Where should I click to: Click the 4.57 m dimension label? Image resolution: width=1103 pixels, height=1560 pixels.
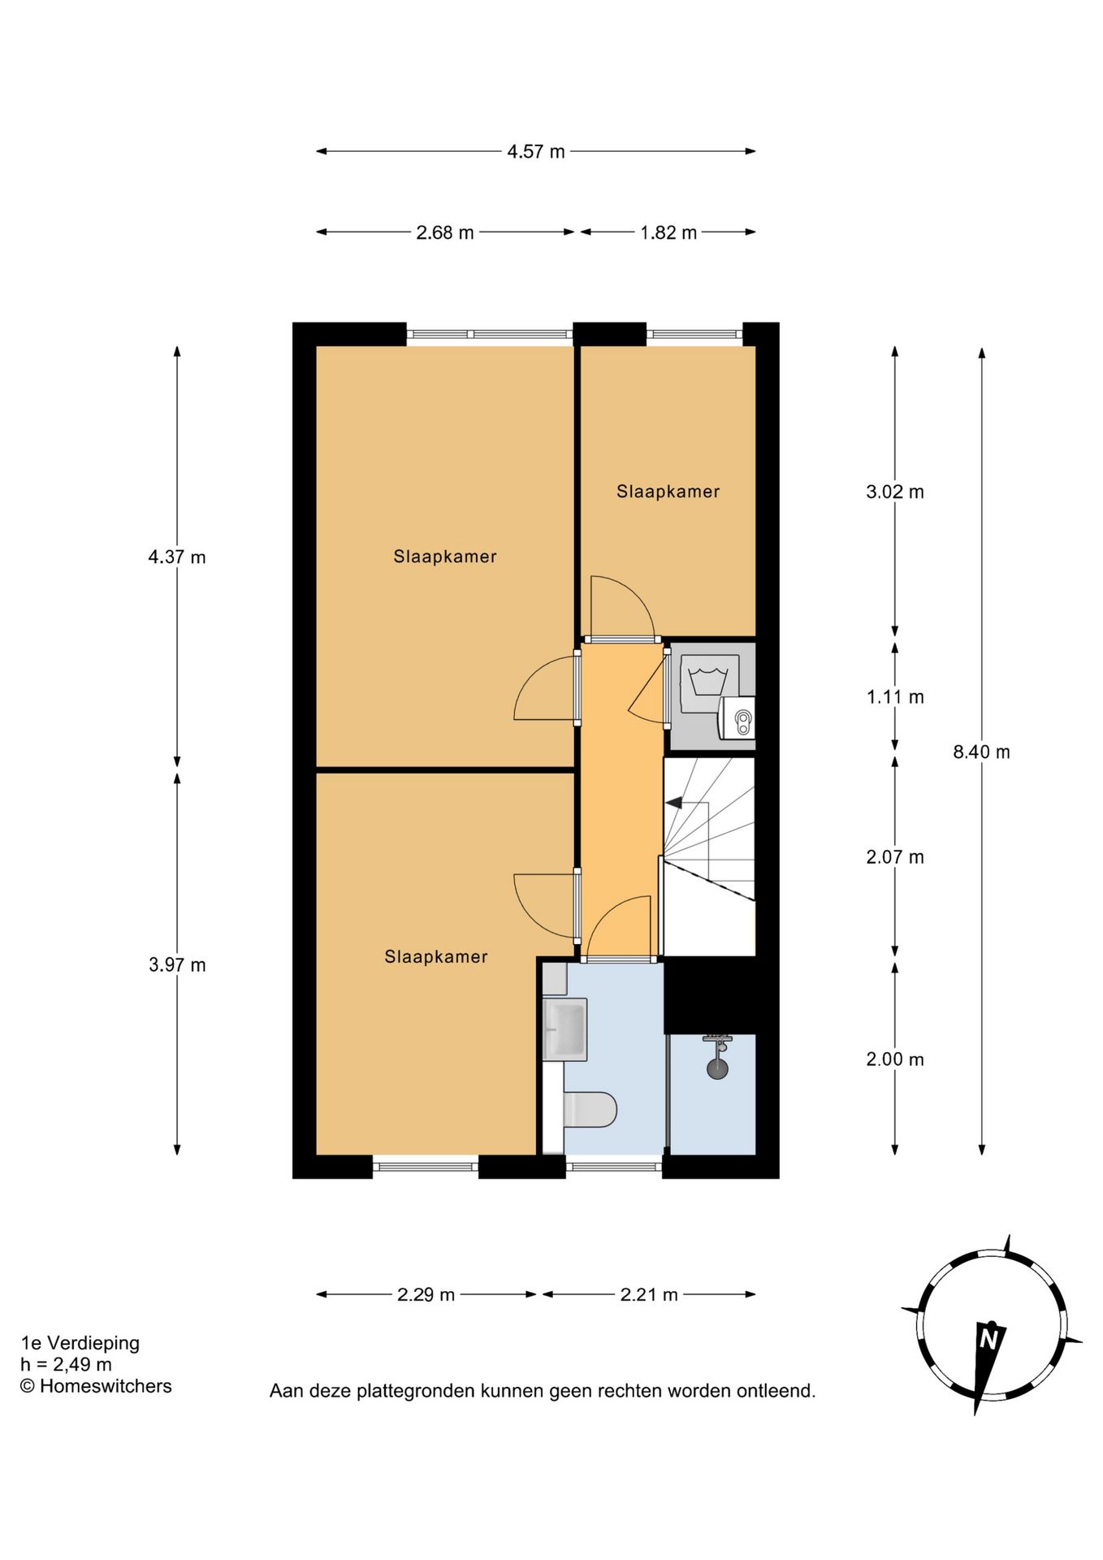coord(536,152)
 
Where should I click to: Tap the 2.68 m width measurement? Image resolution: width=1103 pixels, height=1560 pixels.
coord(445,233)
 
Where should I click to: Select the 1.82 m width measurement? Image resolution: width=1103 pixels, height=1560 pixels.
coord(668,233)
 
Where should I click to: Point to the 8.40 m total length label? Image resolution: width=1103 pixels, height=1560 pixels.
coord(981,752)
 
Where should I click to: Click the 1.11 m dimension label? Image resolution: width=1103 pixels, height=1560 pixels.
coord(895,697)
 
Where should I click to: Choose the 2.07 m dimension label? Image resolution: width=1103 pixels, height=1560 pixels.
coord(895,857)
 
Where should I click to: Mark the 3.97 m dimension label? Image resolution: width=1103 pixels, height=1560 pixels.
coord(177,965)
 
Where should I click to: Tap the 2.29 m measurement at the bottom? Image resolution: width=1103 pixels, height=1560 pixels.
coord(426,1295)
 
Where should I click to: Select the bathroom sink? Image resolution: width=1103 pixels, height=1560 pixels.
coord(564,1029)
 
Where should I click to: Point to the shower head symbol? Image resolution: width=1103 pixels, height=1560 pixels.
coord(717,1057)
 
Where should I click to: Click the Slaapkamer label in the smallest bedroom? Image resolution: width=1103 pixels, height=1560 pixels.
coord(668,492)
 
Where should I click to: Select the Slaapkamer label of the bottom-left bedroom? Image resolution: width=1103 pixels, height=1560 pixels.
coord(436,957)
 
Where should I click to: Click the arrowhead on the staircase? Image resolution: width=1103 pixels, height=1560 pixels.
coord(673,803)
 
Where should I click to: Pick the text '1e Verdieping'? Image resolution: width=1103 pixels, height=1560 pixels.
coord(80,1343)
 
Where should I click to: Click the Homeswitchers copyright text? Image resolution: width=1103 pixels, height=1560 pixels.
coord(96,1386)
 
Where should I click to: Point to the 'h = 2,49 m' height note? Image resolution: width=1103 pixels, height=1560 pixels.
coord(66,1365)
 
